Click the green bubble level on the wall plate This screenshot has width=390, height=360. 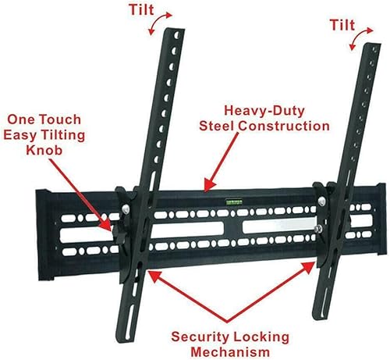pos(232,199)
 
